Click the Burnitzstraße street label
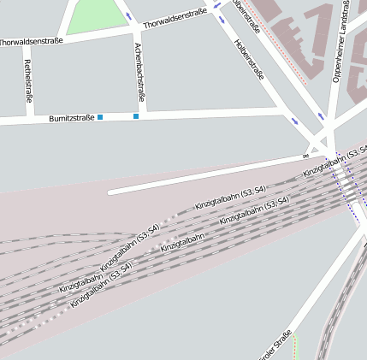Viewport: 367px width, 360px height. pos(71,117)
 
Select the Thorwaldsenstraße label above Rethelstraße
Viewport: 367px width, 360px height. pos(31,41)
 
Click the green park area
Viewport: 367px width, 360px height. pos(95,15)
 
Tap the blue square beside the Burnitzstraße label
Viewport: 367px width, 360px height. pos(100,117)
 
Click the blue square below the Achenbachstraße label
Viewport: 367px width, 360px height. pos(135,116)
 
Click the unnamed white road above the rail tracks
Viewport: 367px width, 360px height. pos(205,176)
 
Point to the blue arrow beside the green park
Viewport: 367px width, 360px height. pos(127,15)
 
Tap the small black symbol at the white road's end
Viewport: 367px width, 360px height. pos(305,156)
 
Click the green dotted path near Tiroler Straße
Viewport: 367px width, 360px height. pos(295,345)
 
